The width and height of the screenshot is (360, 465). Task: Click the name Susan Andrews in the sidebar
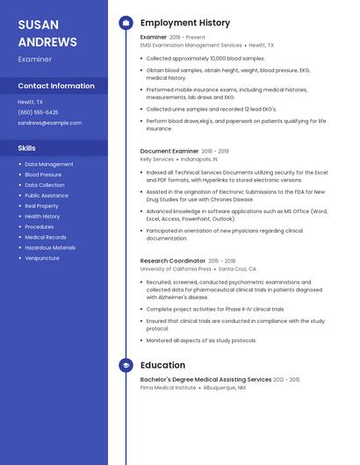click(47, 32)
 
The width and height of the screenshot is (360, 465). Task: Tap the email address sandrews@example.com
click(49, 123)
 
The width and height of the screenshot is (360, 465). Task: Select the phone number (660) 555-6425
click(38, 112)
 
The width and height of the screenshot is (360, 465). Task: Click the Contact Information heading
click(56, 86)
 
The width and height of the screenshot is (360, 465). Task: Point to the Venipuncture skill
click(42, 258)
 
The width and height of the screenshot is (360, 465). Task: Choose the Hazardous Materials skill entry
click(50, 247)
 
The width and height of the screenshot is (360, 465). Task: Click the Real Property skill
click(41, 206)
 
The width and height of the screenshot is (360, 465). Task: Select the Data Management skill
click(49, 164)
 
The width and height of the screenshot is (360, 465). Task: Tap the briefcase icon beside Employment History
click(126, 23)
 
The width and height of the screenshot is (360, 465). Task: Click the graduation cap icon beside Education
click(126, 365)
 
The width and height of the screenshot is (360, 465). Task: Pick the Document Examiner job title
click(169, 151)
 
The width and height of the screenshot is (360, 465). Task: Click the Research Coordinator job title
click(173, 261)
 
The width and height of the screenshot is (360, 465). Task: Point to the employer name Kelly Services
click(157, 160)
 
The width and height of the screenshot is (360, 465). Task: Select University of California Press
click(176, 269)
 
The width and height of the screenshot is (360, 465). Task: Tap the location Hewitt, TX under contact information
click(30, 102)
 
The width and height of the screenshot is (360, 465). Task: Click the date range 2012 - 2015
click(286, 379)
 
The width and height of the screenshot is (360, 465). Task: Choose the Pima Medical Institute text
click(168, 387)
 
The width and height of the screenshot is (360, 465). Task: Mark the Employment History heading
click(185, 23)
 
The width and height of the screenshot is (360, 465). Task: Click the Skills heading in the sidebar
click(27, 148)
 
